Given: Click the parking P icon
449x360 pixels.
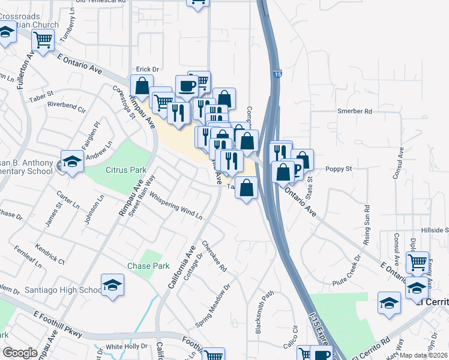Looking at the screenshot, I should [x=295, y=169].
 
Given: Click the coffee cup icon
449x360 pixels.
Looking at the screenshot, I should [x=186, y=85].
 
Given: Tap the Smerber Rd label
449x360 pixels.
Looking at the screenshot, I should [x=355, y=111].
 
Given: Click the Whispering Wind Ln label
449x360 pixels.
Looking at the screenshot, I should [x=176, y=206].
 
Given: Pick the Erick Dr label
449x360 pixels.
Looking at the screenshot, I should [x=147, y=70].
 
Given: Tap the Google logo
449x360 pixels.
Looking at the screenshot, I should [x=19, y=353].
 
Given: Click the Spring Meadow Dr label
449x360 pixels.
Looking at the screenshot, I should [x=213, y=307].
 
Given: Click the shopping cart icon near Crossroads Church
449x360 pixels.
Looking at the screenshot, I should [x=43, y=40].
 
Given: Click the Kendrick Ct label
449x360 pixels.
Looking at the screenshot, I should [x=50, y=254].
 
